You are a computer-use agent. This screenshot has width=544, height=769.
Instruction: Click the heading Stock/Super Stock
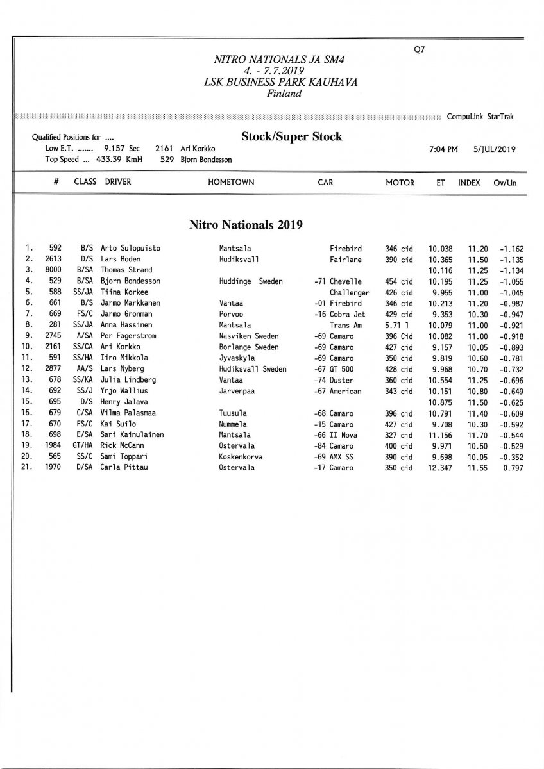[x=291, y=136]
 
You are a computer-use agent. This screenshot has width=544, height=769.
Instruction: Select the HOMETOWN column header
[x=231, y=182]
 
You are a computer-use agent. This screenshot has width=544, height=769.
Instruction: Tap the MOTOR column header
[x=400, y=182]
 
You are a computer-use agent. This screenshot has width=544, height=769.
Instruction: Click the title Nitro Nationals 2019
[x=246, y=224]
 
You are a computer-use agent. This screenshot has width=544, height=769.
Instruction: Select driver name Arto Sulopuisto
[x=131, y=248]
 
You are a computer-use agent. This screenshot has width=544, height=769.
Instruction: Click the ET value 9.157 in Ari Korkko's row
[x=440, y=347]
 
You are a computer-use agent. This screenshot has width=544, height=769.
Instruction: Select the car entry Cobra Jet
[x=347, y=314]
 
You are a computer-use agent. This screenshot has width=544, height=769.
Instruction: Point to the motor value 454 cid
[x=399, y=281]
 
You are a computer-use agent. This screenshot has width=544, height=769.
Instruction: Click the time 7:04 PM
[x=443, y=149]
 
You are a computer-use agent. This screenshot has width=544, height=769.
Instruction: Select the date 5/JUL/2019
[x=495, y=149]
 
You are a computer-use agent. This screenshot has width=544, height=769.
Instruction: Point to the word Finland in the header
[x=284, y=94]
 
